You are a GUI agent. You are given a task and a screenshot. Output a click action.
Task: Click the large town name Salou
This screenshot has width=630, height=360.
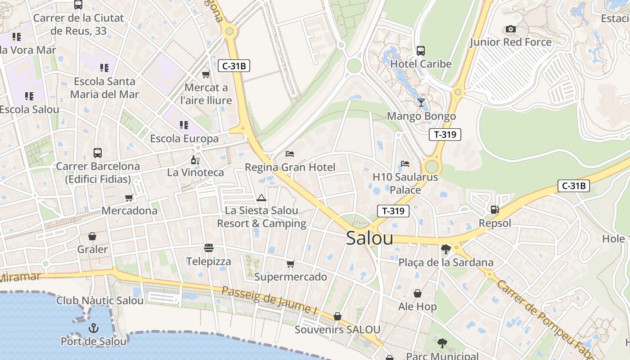coord(369,238)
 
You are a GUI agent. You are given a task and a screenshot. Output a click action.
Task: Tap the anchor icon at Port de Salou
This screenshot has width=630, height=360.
coord(94,328)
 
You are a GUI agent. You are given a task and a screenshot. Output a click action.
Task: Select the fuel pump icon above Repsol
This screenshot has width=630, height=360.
coord(495,210)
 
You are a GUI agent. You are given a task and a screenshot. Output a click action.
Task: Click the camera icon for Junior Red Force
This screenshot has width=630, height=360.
coord(510,29)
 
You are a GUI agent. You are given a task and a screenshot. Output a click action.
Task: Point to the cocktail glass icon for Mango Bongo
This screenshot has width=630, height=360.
coord(421,103)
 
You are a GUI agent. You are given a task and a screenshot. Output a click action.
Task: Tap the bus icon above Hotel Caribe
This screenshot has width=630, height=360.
coord(421,51)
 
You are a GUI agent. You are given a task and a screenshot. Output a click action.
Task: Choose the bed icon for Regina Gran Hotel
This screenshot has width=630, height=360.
coord(290,154)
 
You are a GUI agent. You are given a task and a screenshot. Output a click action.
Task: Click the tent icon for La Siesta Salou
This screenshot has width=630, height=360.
coord(261,198)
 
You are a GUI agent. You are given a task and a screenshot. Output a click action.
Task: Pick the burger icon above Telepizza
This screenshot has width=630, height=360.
coord(209,248)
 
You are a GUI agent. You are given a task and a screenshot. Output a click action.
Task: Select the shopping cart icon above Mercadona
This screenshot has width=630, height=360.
coord(129,198)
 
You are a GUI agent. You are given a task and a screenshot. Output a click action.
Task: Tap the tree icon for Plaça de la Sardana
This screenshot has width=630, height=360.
coord(446,249)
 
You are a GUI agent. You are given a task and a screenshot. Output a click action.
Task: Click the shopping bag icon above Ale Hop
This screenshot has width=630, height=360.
coord(418,293)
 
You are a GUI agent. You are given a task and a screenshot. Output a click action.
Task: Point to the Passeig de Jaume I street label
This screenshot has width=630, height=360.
coord(269,300)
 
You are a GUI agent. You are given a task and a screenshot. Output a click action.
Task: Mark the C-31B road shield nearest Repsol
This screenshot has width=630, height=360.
coord(573,185)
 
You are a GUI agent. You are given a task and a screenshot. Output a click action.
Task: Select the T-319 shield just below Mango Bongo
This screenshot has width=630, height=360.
coord(445,134)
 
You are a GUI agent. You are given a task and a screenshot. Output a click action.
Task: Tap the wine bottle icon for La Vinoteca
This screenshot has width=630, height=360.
coord(195,160)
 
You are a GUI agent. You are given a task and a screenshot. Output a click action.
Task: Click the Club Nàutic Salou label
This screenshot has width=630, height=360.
coord(100,301)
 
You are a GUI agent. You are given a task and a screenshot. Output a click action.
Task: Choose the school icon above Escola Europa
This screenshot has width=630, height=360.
coord(184,125)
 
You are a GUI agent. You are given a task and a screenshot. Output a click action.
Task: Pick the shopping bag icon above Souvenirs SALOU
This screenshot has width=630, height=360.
coord(337,316)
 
